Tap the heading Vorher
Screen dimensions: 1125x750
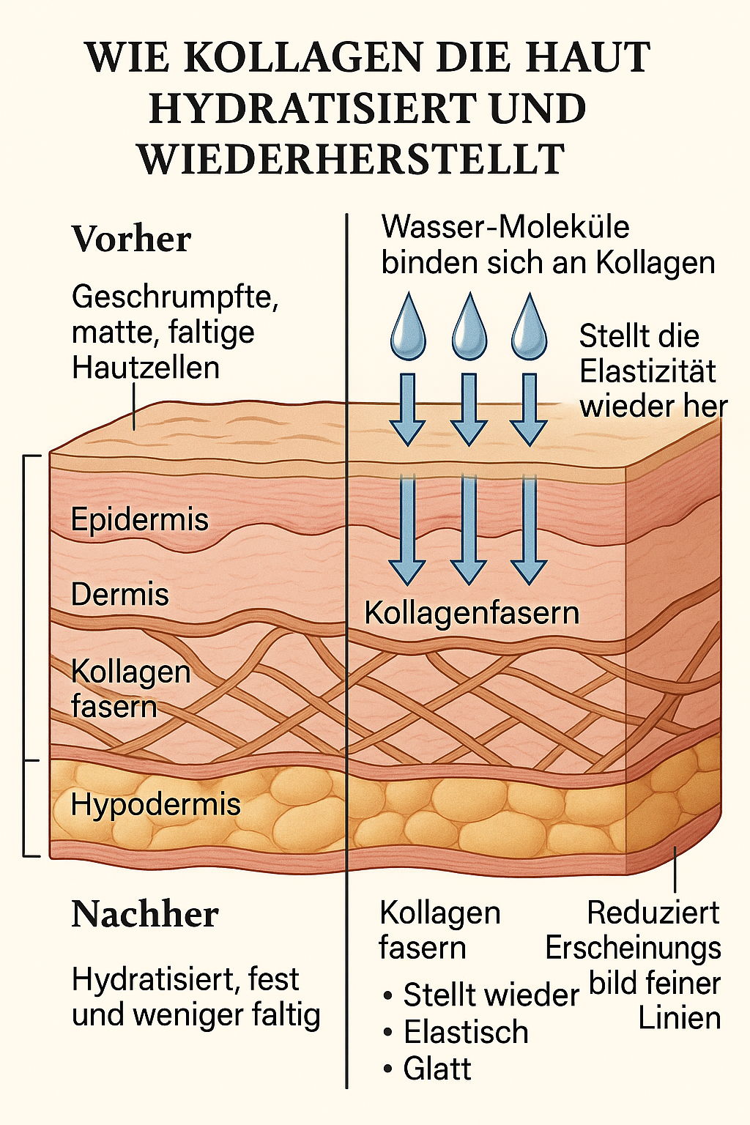[x=132, y=239]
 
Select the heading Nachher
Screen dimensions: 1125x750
[x=145, y=914]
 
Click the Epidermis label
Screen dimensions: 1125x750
[x=140, y=520]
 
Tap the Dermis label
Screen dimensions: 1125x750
[x=120, y=594]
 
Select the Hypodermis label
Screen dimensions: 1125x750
[x=156, y=804]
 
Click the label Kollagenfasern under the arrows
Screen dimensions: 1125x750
[x=472, y=613]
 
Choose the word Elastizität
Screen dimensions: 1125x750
[x=647, y=371]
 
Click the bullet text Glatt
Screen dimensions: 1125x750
[x=437, y=1069]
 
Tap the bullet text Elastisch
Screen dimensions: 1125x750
[x=466, y=1032]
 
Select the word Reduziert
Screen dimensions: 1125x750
[x=653, y=913]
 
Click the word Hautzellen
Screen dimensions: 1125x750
[x=146, y=367]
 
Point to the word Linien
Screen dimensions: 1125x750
[x=680, y=1018]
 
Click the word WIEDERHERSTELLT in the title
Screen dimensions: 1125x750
[x=352, y=159]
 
